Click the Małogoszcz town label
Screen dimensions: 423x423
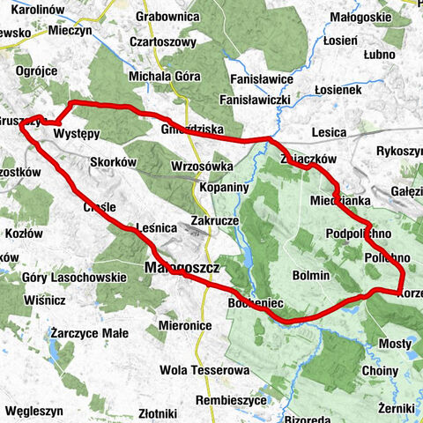pyautogui.click(x=182, y=265)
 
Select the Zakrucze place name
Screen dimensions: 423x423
pyautogui.click(x=216, y=223)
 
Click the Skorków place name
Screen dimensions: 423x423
pyautogui.click(x=113, y=162)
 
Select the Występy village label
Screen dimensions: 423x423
pyautogui.click(x=77, y=132)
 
